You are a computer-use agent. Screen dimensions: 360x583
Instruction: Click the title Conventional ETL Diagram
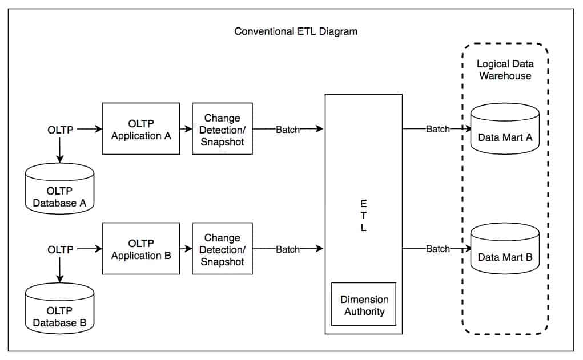pos(296,31)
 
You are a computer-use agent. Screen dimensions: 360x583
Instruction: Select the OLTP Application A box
pos(141,129)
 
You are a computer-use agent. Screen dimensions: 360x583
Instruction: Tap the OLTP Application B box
pos(141,249)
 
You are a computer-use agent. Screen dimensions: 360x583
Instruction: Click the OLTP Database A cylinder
pos(59,189)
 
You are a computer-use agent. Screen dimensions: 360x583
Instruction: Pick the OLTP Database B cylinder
pos(59,310)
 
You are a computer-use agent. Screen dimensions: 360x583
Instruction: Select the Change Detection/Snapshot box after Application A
pos(222,129)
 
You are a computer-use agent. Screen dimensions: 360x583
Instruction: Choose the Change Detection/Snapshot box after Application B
pos(222,249)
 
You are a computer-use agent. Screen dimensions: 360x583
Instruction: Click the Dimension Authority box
pos(363,305)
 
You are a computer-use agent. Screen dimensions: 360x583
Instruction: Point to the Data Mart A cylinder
pos(505,130)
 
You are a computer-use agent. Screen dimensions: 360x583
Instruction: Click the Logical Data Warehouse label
pos(505,70)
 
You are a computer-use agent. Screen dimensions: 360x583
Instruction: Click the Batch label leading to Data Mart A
pos(437,129)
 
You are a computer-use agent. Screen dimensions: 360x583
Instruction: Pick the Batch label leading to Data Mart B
pos(437,249)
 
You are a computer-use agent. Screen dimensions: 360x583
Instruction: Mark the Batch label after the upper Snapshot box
pos(287,130)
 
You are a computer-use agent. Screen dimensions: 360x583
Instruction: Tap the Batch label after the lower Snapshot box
pos(287,249)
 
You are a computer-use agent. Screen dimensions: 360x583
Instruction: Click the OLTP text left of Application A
pos(60,130)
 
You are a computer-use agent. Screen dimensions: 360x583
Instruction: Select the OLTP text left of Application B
pos(60,249)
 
